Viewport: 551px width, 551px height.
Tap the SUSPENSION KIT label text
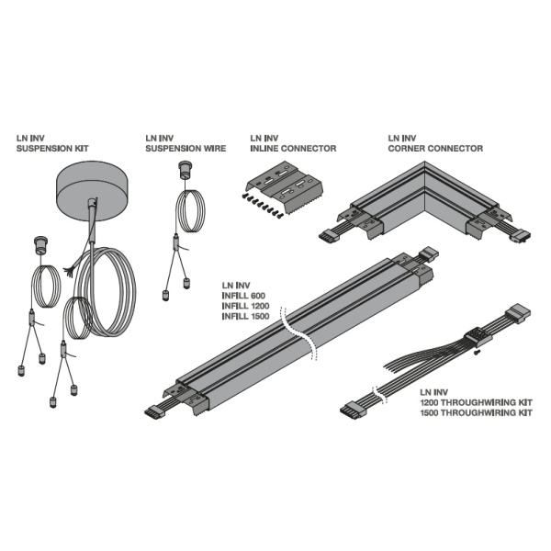point(52,148)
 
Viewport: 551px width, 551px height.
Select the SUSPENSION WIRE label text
point(186,148)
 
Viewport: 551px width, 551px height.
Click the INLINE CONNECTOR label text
point(293,148)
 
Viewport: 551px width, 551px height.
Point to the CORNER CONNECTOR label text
point(435,148)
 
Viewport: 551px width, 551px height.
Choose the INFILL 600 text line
point(243,296)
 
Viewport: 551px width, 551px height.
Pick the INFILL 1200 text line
point(245,306)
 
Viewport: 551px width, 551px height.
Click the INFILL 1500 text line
point(245,316)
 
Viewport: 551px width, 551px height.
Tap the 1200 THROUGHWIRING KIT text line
point(476,402)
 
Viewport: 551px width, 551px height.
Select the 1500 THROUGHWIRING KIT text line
point(476,412)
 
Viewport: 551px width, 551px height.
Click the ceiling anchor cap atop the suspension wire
point(185,170)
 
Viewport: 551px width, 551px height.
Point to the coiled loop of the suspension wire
point(190,210)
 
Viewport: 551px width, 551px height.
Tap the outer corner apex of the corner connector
point(425,162)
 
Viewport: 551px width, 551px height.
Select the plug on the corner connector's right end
point(522,236)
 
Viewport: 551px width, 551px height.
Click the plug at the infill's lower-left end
point(155,411)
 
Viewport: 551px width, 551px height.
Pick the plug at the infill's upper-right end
point(429,253)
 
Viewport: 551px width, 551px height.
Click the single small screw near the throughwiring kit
point(476,352)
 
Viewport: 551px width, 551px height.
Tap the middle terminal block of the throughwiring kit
point(478,335)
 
